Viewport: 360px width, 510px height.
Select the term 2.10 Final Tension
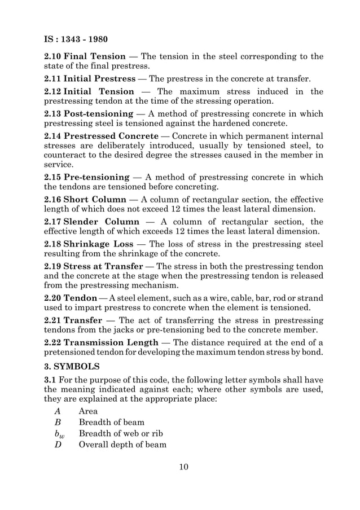[85, 56]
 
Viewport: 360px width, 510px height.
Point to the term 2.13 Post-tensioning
[89, 114]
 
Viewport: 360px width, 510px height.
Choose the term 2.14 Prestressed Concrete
[101, 136]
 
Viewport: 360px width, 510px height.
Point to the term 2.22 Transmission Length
[101, 342]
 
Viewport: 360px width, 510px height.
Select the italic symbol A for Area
[58, 412]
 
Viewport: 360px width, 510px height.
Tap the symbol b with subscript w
[59, 434]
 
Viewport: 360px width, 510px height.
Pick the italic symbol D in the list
[58, 445]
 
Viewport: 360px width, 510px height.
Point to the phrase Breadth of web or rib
[120, 433]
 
